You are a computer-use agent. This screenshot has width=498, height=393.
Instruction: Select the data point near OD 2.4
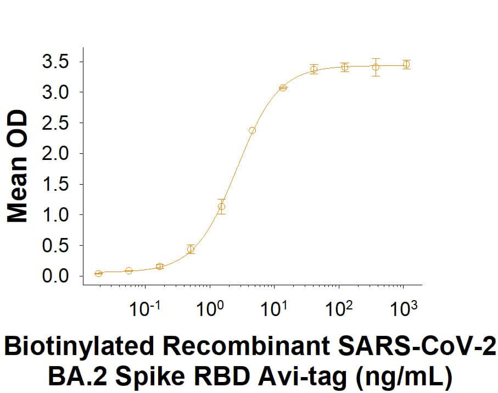(252, 130)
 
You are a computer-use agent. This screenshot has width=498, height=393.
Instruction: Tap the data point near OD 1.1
(221, 207)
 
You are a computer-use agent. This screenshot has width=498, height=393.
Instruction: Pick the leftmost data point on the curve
(98, 273)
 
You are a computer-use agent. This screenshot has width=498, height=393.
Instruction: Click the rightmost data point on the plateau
(406, 64)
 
